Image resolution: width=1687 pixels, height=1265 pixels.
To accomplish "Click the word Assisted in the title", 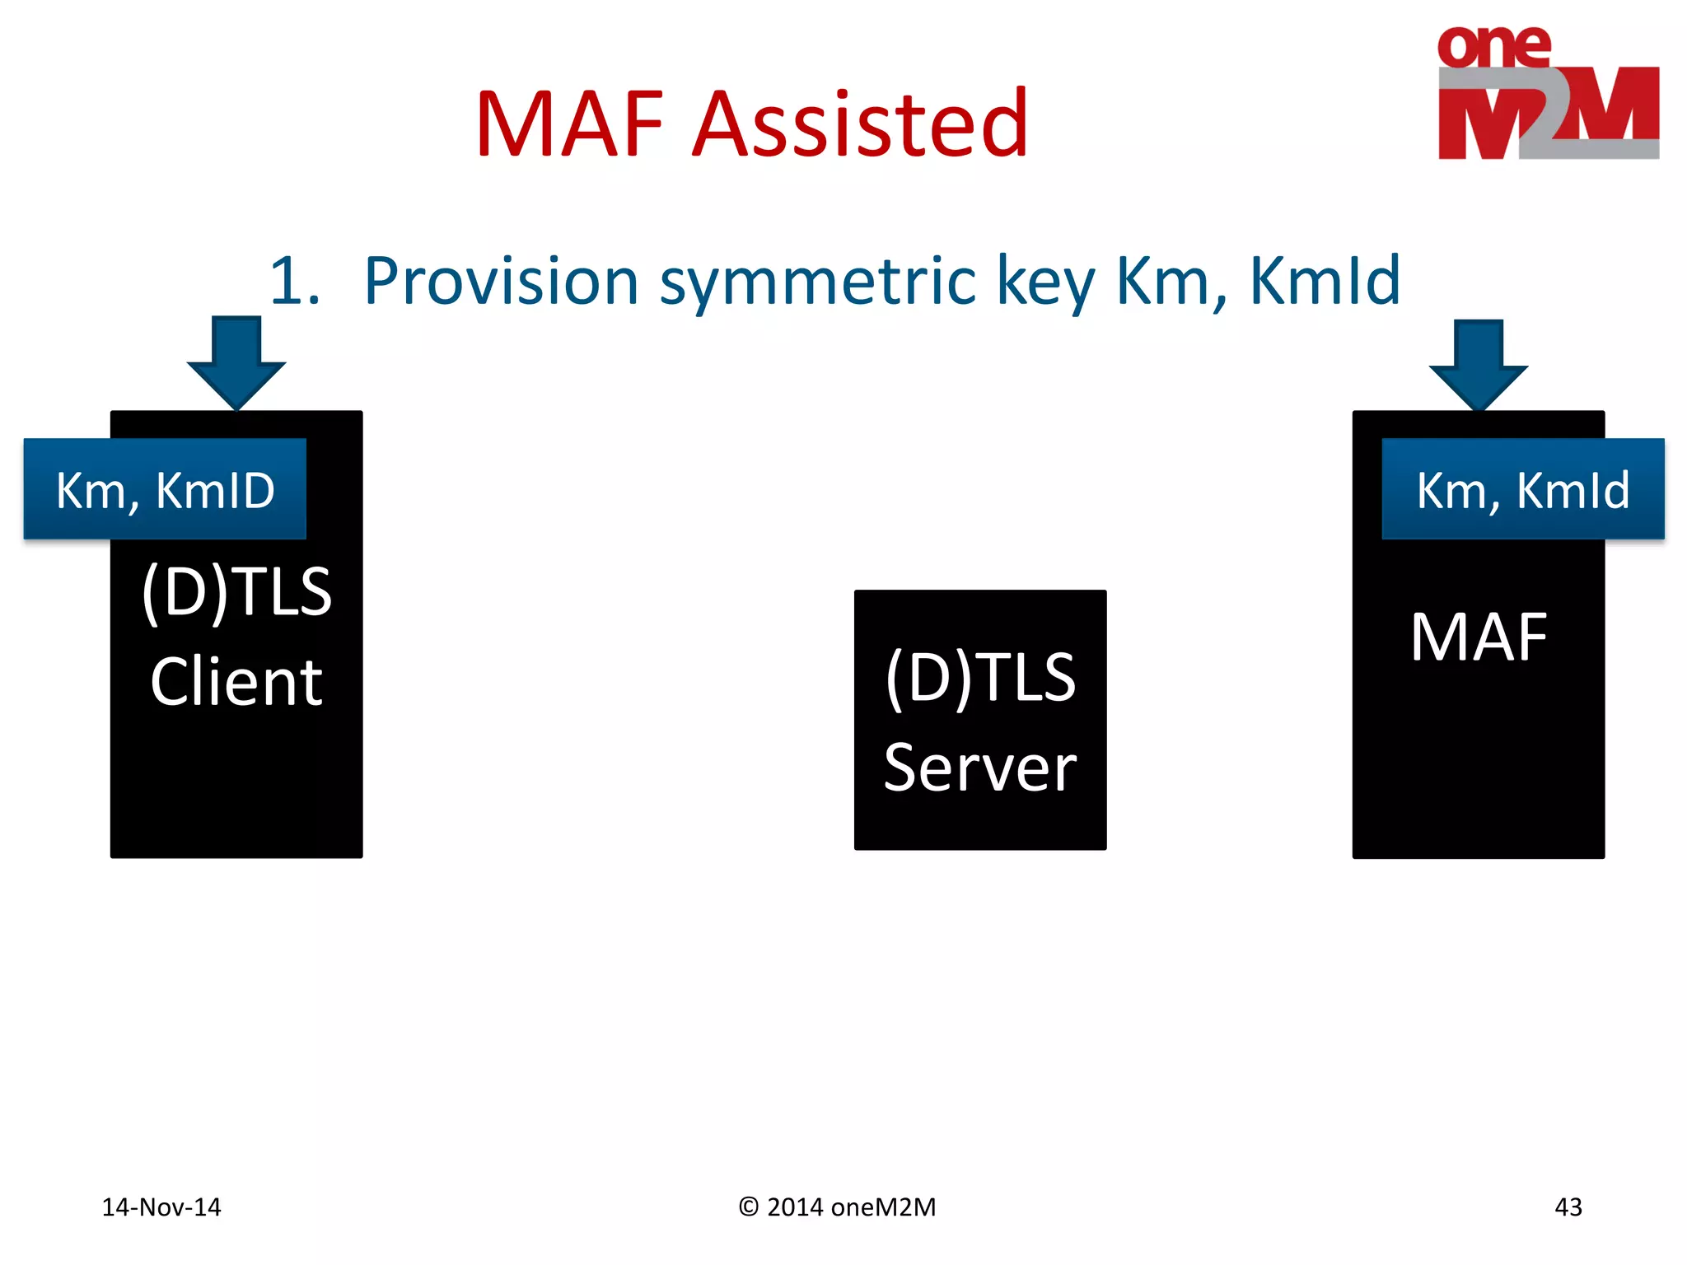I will click(x=860, y=125).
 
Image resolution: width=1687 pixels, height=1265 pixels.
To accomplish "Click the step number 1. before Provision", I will click(x=294, y=282).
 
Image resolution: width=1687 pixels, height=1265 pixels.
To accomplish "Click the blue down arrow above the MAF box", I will click(x=1478, y=364).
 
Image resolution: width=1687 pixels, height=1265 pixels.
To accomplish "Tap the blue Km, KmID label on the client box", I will click(x=165, y=490).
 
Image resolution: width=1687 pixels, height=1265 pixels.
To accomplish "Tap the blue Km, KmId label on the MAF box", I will click(x=1522, y=490).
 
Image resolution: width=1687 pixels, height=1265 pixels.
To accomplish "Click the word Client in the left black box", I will click(x=236, y=682).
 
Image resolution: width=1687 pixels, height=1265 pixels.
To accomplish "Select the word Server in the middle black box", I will click(x=979, y=768).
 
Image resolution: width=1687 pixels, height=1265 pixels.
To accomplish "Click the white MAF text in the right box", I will click(x=1478, y=637).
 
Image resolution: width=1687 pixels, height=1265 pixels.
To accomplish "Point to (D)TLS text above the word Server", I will click(x=979, y=677).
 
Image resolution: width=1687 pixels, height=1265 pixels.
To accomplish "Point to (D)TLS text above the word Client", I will click(x=236, y=591).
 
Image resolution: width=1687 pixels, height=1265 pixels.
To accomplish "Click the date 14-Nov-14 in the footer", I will click(x=161, y=1207).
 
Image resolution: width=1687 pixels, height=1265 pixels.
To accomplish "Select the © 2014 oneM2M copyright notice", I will click(x=837, y=1207).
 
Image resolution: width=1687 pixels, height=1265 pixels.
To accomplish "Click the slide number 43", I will click(x=1568, y=1207).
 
